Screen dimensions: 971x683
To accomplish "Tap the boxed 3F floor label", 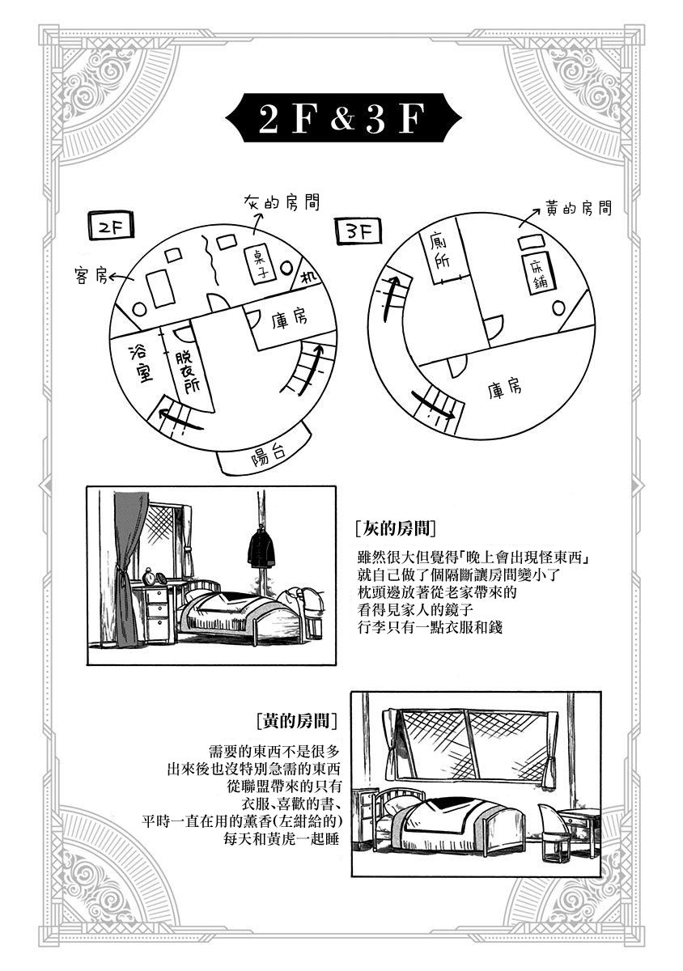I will (x=355, y=232).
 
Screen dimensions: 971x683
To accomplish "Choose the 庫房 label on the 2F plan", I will (x=289, y=320).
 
